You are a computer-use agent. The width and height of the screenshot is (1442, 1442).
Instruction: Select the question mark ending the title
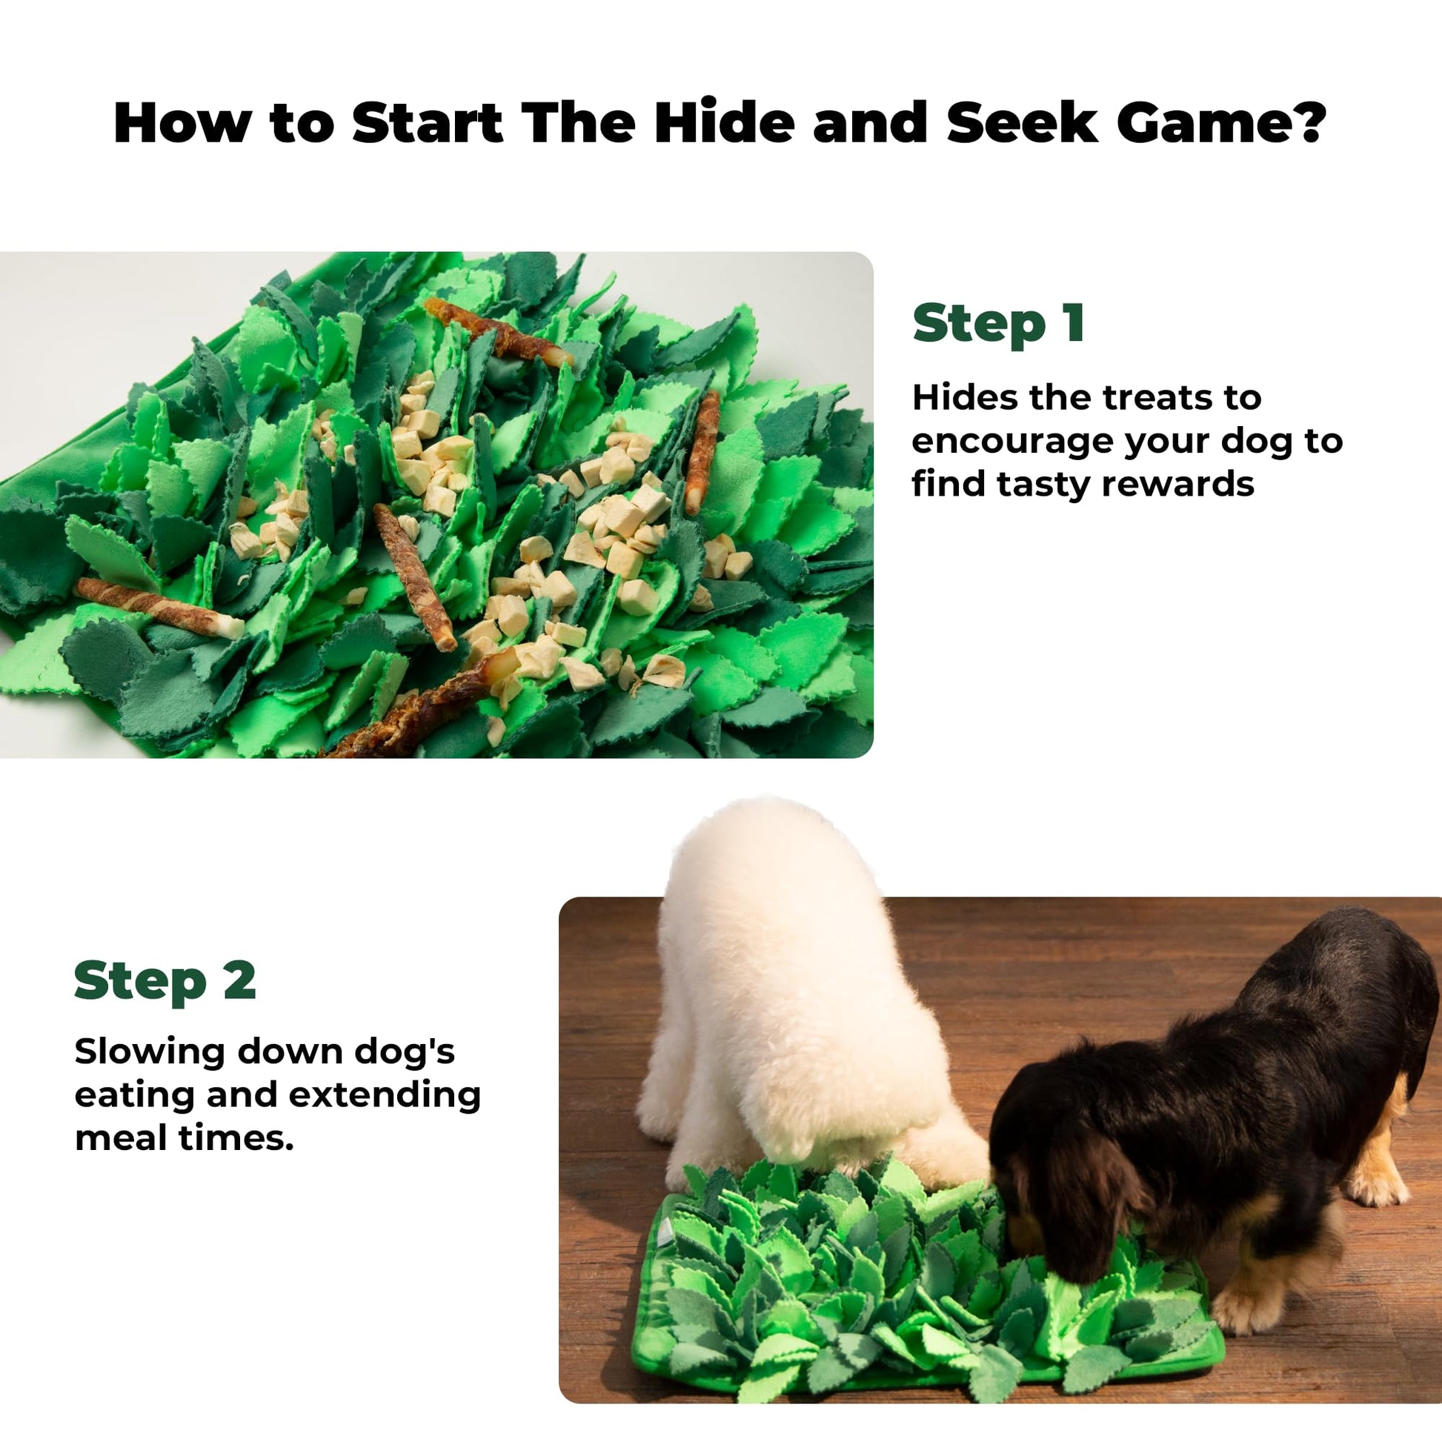(1306, 122)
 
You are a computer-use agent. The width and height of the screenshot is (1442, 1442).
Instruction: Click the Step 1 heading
(998, 324)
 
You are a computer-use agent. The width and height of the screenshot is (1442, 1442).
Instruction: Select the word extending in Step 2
(385, 1095)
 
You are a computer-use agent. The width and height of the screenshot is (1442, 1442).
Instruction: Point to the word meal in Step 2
(121, 1138)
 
